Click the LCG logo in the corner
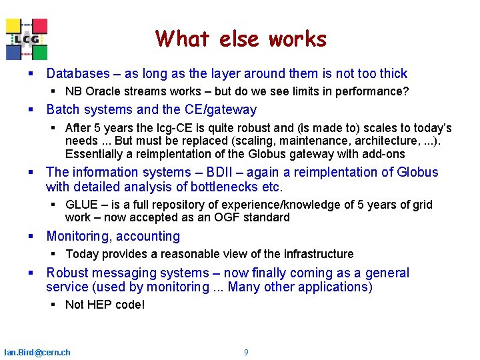click(27, 39)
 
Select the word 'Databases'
click(77, 74)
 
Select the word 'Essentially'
click(93, 154)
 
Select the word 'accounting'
click(148, 236)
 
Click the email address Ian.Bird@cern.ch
click(37, 352)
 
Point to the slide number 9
click(246, 352)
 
